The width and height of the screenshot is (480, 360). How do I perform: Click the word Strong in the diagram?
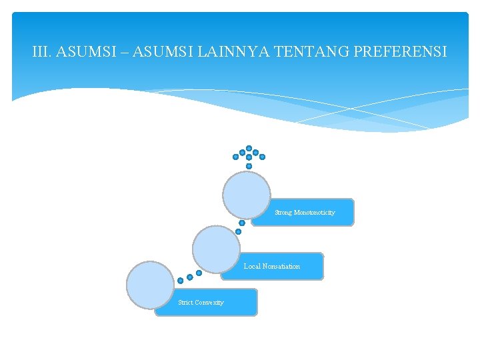(283, 213)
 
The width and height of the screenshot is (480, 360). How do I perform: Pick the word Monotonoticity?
(315, 213)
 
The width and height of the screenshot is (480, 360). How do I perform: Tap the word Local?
(252, 267)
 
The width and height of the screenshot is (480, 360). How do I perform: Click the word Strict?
(186, 303)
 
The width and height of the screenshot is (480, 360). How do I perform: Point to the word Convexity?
(210, 303)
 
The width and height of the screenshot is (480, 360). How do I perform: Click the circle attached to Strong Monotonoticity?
(247, 195)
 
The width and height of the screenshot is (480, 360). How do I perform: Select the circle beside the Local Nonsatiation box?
(216, 249)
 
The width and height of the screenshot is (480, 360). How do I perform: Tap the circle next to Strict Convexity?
(150, 285)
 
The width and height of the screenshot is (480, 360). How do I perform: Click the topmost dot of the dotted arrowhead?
(249, 148)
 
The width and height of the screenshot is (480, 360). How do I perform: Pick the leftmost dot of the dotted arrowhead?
(235, 157)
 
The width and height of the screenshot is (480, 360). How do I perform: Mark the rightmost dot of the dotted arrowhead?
(262, 157)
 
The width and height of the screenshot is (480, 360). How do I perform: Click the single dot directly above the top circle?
(249, 166)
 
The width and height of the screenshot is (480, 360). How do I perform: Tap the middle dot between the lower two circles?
(189, 277)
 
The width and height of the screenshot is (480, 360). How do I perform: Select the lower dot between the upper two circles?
(238, 231)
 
